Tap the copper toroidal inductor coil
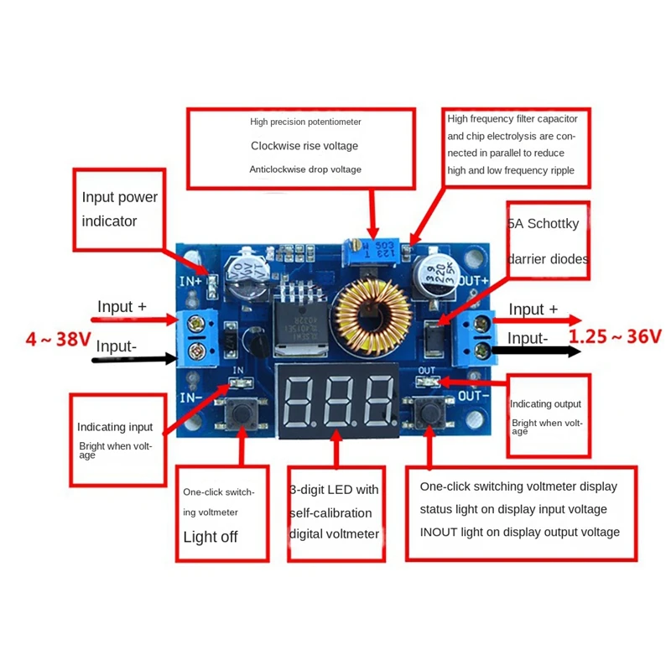tap(372, 317)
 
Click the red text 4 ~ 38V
tap(58, 340)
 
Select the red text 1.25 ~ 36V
tap(616, 336)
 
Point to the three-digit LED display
tap(338, 401)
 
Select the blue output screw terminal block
tap(477, 338)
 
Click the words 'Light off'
tap(211, 537)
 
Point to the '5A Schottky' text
tap(543, 223)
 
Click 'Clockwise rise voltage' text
tap(304, 146)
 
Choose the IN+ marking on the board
tap(190, 281)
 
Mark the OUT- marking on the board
tap(473, 395)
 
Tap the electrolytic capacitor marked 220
tap(436, 278)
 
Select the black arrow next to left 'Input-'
tap(134, 359)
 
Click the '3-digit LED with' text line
tap(334, 490)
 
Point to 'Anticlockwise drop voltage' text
tap(305, 169)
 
